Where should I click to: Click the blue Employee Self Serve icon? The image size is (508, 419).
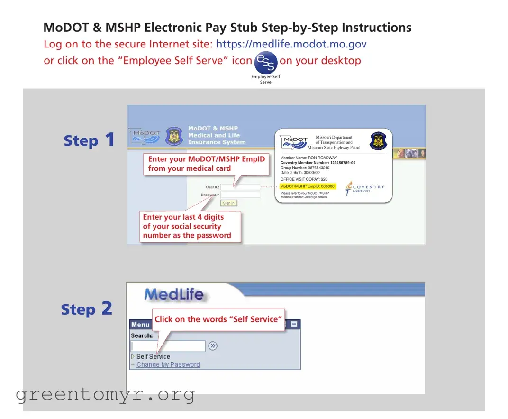[265, 63]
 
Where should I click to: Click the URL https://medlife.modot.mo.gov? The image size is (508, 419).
[291, 44]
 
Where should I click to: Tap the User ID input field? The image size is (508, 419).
[240, 187]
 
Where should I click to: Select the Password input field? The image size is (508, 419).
[240, 195]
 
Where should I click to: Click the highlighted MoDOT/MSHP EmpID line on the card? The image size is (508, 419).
[308, 186]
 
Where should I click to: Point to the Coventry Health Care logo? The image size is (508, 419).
[364, 188]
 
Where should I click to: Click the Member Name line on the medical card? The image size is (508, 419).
[308, 158]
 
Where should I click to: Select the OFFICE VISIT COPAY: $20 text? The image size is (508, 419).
[304, 179]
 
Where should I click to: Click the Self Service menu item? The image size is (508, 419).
[153, 356]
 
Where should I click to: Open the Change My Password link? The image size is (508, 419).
[168, 364]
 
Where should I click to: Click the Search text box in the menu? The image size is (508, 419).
[168, 346]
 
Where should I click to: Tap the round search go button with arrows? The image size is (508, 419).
[213, 346]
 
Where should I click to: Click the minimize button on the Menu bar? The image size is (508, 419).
[294, 325]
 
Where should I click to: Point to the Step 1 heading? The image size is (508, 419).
[89, 140]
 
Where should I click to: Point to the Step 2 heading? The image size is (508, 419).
[86, 309]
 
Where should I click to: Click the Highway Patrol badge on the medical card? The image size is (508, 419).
[378, 141]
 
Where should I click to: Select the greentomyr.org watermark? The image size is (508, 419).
[105, 394]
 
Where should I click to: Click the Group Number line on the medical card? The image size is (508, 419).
[305, 168]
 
